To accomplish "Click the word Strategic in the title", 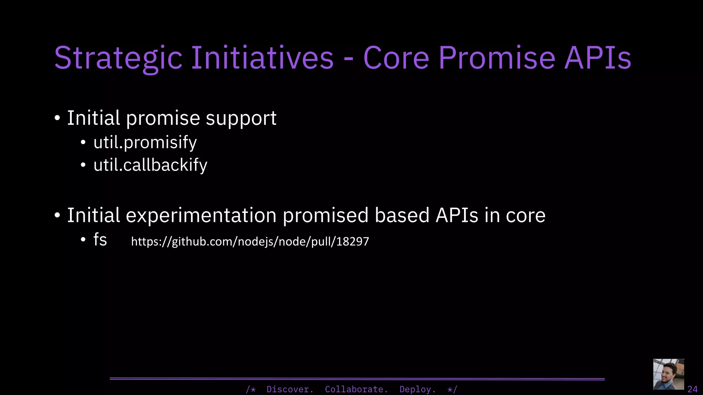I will pyautogui.click(x=118, y=58).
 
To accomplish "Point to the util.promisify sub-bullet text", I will pyautogui.click(x=145, y=142).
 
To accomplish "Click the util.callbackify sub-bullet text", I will pyautogui.click(x=150, y=165).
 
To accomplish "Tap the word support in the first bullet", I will pyautogui.click(x=241, y=119).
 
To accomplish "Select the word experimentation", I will pyautogui.click(x=201, y=216).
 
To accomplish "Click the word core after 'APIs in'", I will pyautogui.click(x=525, y=216).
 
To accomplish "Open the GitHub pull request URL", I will pyautogui.click(x=250, y=241).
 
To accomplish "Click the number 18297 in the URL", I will pyautogui.click(x=353, y=241).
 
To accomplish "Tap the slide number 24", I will pyautogui.click(x=692, y=389).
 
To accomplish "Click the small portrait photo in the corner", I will pyautogui.click(x=668, y=374).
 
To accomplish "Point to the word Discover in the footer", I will pyautogui.click(x=290, y=390).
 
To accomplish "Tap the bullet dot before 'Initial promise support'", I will pyautogui.click(x=57, y=119).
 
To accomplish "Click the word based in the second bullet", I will pyautogui.click(x=402, y=216).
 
